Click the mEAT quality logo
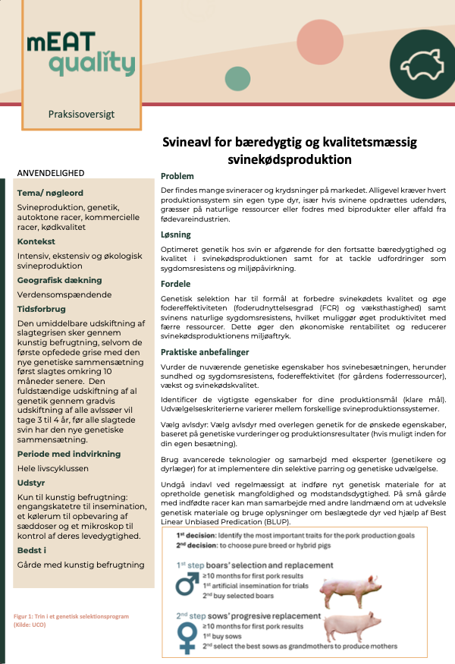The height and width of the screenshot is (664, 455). pyautogui.click(x=81, y=54)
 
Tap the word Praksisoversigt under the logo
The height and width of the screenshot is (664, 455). pyautogui.click(x=81, y=115)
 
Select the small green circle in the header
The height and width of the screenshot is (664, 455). pyautogui.click(x=237, y=78)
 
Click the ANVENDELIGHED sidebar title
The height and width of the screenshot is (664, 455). pyautogui.click(x=51, y=173)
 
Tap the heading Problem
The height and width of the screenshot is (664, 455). pyautogui.click(x=177, y=175)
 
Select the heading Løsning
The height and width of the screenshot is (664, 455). pyautogui.click(x=176, y=234)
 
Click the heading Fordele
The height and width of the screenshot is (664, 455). pyautogui.click(x=175, y=284)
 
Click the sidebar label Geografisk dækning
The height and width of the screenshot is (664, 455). pyautogui.click(x=59, y=280)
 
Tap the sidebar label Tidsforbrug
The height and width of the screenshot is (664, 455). pyautogui.click(x=41, y=310)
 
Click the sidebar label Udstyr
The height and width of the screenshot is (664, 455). pyautogui.click(x=32, y=483)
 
